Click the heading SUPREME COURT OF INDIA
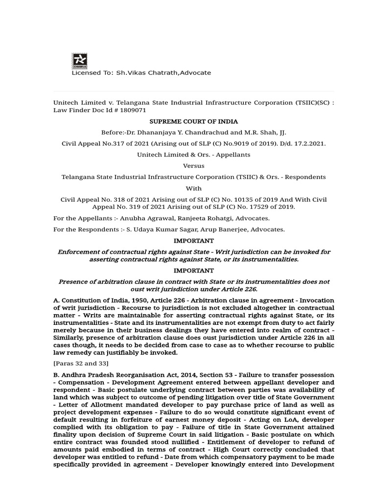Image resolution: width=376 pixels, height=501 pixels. tap(193, 121)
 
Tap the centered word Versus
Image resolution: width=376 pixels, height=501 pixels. tap(193, 166)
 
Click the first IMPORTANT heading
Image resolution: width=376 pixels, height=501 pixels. tap(194, 241)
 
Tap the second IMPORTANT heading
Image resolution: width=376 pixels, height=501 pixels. tap(194, 271)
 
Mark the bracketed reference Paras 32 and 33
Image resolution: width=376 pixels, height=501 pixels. tap(81, 363)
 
